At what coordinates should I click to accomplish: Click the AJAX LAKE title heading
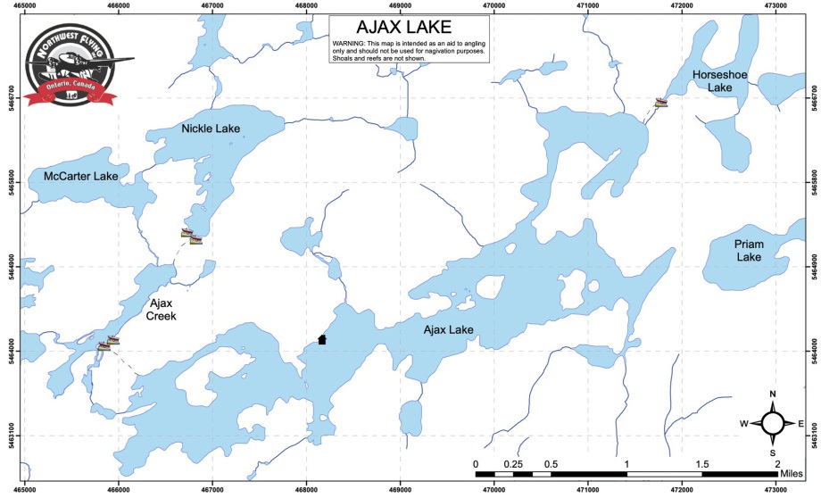point(410,28)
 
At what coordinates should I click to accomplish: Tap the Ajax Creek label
point(162,310)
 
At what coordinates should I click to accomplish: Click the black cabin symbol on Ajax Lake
point(322,339)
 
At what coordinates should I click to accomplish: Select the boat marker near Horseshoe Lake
point(660,103)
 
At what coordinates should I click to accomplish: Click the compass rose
point(773,423)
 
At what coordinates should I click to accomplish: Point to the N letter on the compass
point(773,394)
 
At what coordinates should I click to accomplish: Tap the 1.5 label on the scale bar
point(702,464)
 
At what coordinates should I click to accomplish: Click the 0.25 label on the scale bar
point(514,464)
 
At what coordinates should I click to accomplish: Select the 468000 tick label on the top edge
point(307,5)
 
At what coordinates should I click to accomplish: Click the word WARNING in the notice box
point(352,44)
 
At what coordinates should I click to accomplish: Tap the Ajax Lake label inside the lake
point(448,330)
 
